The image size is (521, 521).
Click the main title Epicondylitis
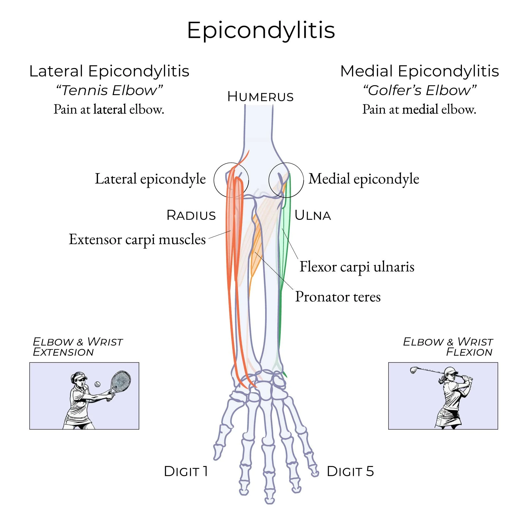261,30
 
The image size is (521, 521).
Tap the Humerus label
260,96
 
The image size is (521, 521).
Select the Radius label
191,215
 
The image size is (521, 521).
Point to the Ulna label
313,215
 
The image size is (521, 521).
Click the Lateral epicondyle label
150,179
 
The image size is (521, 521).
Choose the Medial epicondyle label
363,179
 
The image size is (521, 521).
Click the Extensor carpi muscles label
137,239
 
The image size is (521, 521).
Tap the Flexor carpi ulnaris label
357,267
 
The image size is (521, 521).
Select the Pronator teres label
338,297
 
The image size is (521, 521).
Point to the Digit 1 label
186,471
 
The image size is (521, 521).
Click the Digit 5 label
350,471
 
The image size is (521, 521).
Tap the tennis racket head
121,381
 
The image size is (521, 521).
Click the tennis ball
97,384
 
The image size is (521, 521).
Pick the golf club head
413,370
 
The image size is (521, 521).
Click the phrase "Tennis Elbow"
109,90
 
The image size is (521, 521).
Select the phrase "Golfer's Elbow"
419,90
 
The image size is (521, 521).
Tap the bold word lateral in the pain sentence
110,109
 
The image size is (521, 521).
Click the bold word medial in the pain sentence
420,109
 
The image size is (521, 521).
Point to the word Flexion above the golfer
469,352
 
